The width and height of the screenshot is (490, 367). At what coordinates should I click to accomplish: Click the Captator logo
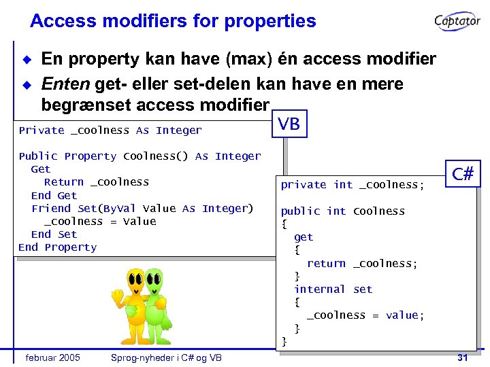point(457,22)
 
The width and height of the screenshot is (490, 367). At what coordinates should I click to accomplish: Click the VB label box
point(289,124)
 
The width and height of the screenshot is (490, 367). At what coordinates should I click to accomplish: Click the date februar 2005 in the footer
point(52,357)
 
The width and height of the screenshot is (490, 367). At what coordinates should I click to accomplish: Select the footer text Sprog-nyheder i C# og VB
point(167,357)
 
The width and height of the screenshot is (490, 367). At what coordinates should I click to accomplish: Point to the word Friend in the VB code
point(51,209)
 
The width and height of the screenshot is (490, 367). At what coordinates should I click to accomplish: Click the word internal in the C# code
point(320,290)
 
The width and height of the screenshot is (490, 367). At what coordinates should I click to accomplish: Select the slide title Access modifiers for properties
point(173,21)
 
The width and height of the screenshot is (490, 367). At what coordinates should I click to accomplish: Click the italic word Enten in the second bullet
point(66,84)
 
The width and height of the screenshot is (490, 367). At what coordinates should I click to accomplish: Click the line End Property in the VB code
point(58,247)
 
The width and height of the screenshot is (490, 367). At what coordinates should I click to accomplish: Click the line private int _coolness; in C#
point(353,185)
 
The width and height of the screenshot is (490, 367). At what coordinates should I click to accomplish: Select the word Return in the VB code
point(64,182)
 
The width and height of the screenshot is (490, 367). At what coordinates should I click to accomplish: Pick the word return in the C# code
point(326,264)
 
